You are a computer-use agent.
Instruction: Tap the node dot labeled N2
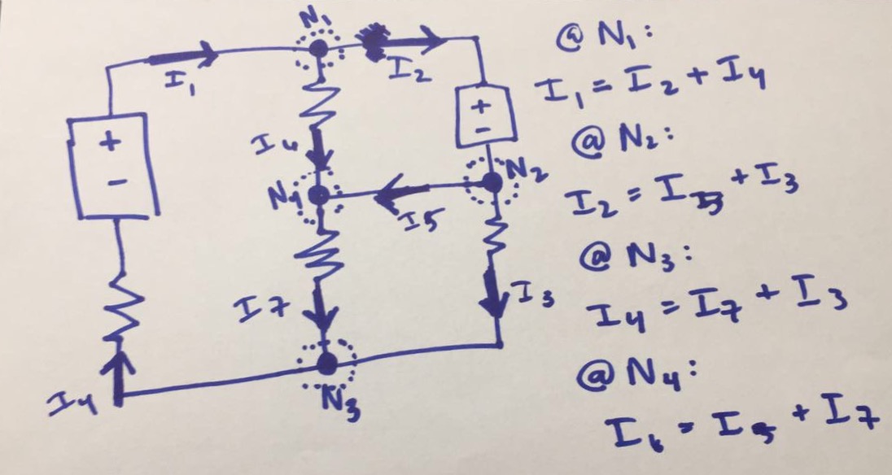[491, 183]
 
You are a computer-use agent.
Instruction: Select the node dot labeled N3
[326, 362]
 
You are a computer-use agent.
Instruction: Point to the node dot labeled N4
[320, 195]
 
